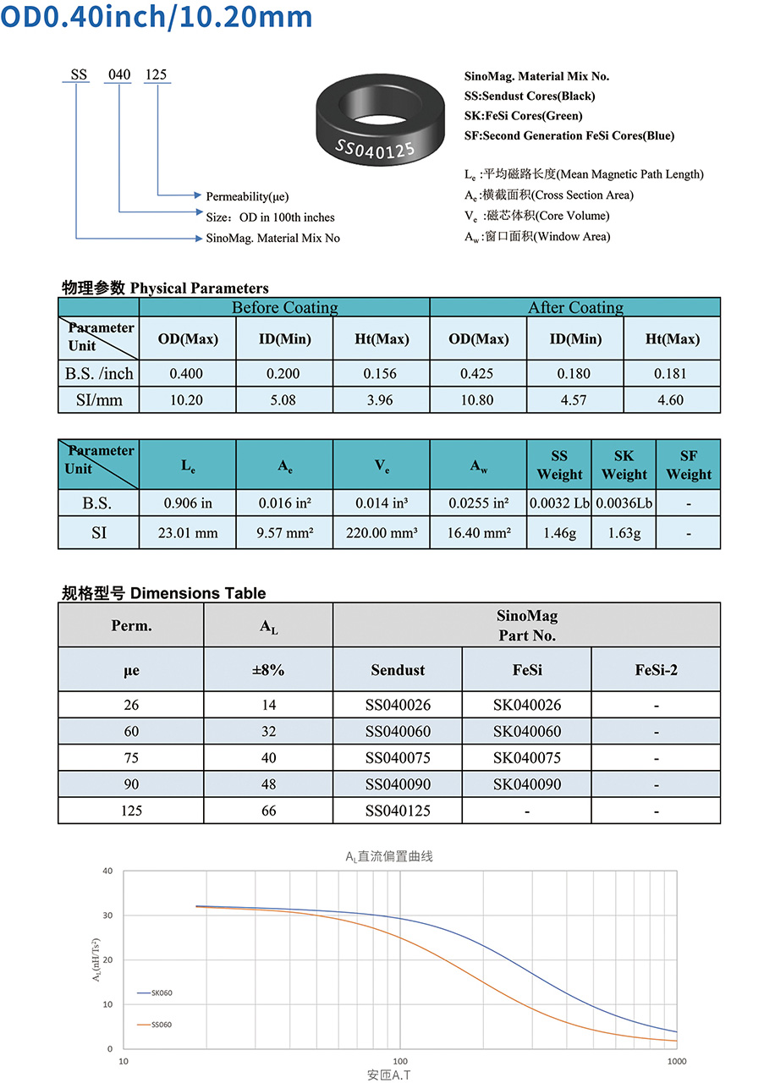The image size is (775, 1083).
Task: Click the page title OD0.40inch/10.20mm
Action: (x=157, y=16)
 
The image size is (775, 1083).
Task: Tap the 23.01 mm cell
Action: (x=188, y=533)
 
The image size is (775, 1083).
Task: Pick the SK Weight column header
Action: (x=624, y=465)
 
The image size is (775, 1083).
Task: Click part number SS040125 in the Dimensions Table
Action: (x=398, y=811)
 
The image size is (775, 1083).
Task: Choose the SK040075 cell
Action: (x=526, y=757)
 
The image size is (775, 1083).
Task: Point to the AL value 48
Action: (x=268, y=784)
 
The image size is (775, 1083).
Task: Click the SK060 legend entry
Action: (x=162, y=992)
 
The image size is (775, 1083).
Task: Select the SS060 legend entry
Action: (x=162, y=1025)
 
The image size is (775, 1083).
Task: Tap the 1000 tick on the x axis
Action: (x=676, y=1061)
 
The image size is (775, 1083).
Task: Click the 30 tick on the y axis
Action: (x=107, y=915)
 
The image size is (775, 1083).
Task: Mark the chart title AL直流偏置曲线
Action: (x=389, y=856)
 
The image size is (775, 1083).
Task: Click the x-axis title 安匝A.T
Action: (x=389, y=1075)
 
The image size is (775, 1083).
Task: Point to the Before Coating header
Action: (x=284, y=307)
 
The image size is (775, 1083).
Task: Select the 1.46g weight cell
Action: (x=558, y=533)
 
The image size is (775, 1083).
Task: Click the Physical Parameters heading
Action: (x=165, y=288)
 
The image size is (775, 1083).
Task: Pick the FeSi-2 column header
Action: (x=656, y=670)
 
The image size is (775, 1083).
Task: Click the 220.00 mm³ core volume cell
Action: (x=381, y=533)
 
